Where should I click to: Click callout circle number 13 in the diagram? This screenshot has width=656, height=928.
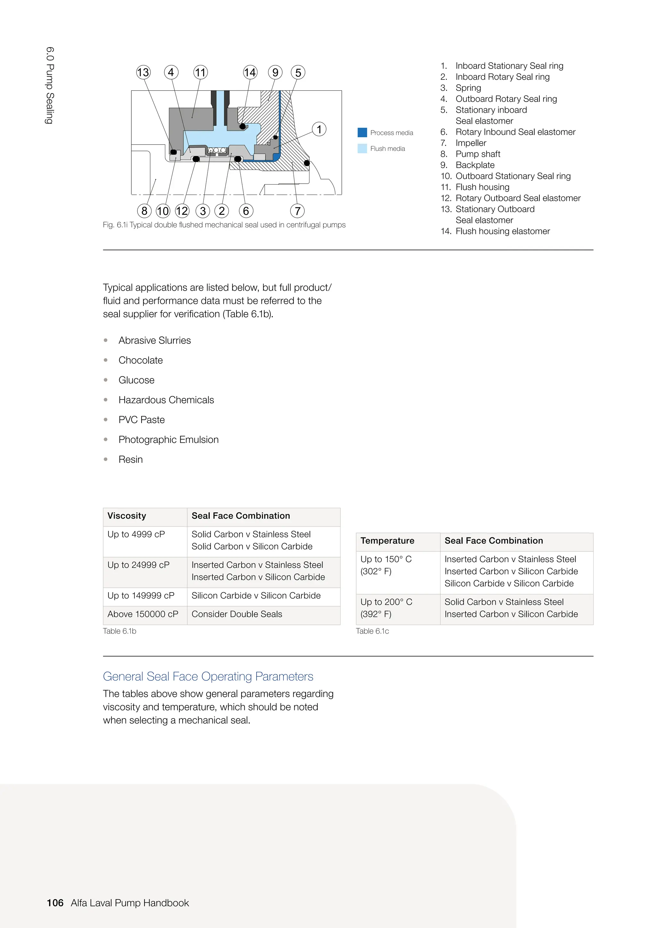point(143,72)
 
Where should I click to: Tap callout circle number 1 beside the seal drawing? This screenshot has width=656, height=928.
point(319,129)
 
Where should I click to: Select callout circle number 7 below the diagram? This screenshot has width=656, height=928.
point(297,211)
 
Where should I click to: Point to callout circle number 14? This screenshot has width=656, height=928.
point(250,72)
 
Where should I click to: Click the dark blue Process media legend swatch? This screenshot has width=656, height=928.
point(362,133)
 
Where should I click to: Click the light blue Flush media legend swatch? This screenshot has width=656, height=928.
point(362,148)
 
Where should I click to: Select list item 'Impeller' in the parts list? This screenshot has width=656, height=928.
point(471,143)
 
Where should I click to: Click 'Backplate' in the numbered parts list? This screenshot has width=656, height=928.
point(475,165)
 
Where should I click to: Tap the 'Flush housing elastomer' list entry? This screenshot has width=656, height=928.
point(503,231)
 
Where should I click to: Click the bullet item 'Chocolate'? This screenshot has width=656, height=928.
point(141,360)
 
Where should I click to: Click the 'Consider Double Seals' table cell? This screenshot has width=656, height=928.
point(237,614)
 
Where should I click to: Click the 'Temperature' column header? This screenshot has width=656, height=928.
point(387,541)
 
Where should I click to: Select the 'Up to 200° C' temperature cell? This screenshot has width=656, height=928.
point(386,602)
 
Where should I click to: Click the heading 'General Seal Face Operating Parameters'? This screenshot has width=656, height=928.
point(208,676)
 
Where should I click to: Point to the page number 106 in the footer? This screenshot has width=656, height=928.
point(55,903)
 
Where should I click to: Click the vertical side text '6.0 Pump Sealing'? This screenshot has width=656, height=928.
point(50,85)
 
